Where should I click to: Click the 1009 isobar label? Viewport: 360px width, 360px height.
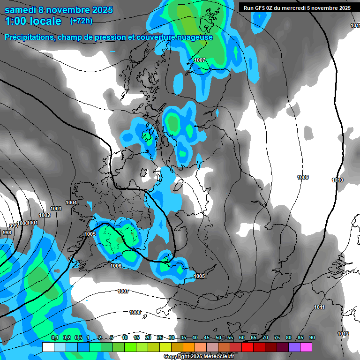pos(303,177)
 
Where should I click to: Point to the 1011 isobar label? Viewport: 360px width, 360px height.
pos(319,307)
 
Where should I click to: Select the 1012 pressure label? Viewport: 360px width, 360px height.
pos(343,334)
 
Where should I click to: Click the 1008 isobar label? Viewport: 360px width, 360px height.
pos(135,312)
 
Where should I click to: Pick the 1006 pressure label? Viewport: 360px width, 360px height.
pos(116,266)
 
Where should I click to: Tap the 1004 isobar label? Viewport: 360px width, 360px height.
pos(71,202)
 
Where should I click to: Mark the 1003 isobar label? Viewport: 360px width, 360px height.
pos(56,209)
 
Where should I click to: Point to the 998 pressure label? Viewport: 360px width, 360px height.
pos(7,232)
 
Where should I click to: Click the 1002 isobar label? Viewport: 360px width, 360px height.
pos(45,215)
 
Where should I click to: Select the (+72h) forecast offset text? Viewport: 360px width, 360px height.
pos(81,21)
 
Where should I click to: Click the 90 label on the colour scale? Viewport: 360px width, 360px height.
pos(312,338)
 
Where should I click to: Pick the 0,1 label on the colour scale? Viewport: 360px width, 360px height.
pos(54,338)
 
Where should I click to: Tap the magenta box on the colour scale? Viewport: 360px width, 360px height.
pos(306,347)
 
